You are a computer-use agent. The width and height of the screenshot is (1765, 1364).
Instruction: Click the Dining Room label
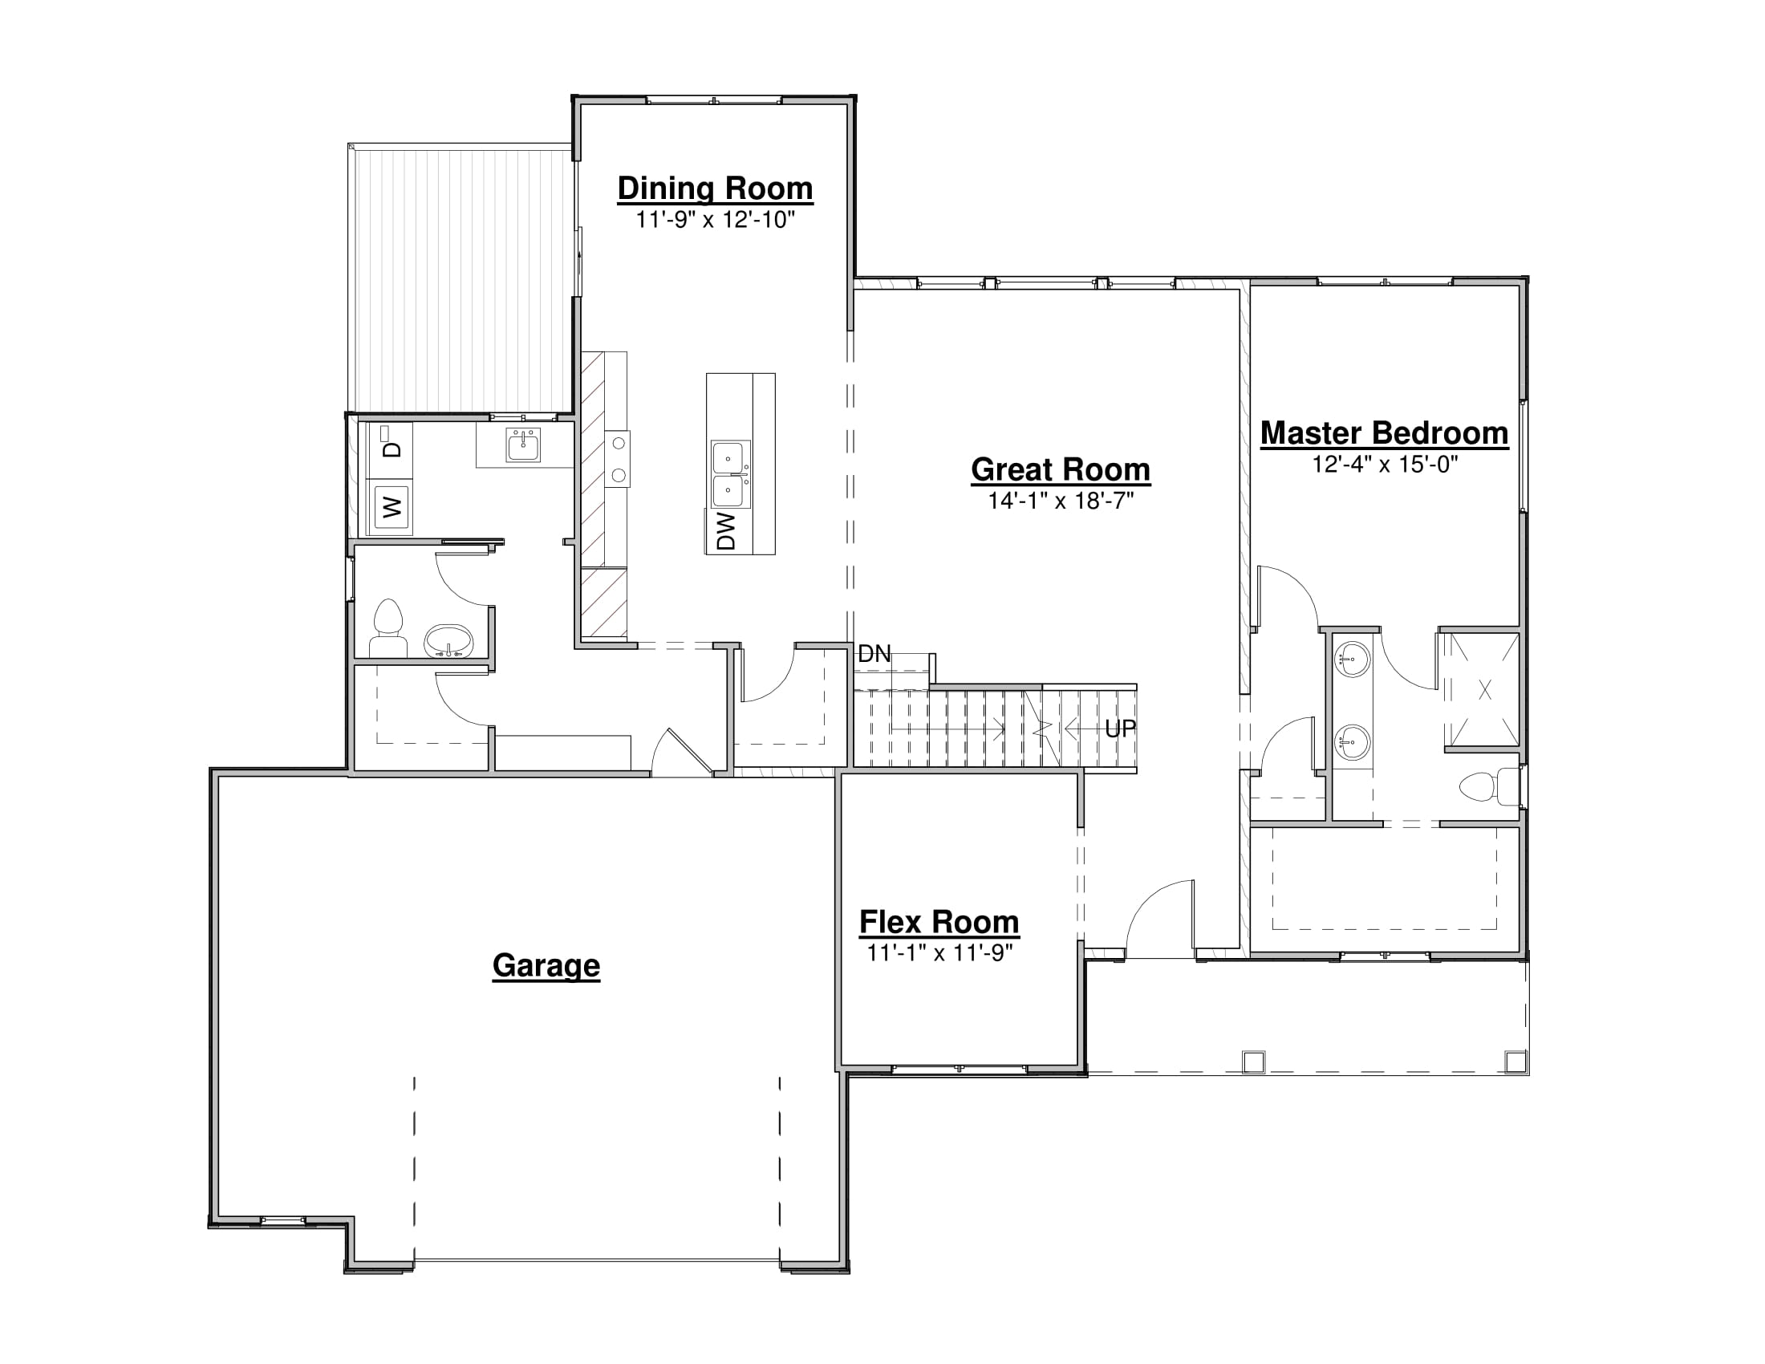point(715,189)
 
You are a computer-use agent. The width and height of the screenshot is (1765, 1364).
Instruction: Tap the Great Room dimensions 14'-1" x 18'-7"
point(1061,501)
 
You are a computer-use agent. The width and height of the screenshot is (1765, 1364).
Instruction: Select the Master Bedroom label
point(1385,433)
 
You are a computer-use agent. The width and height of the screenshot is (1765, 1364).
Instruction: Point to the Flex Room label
point(939,922)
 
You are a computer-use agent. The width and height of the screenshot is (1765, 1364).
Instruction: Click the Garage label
point(546,965)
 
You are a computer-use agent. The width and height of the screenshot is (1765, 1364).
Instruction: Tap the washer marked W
point(392,507)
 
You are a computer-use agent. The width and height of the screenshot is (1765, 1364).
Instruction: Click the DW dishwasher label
point(727,531)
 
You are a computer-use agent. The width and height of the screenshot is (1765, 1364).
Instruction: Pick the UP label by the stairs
point(1120,729)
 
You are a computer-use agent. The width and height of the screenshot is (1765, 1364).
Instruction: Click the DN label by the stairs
point(874,654)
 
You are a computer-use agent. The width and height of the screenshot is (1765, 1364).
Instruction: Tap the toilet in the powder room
point(388,628)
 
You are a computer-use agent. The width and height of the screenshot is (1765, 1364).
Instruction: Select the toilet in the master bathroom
point(1491,786)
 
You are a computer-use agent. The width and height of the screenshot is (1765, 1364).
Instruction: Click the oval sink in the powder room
point(448,641)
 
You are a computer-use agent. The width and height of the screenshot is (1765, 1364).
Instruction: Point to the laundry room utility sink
point(523,445)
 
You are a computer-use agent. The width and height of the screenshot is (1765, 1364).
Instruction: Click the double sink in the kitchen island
point(731,474)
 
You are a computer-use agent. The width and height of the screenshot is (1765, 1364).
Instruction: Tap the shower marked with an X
point(1483,690)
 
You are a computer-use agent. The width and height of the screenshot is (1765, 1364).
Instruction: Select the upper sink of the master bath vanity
point(1351,660)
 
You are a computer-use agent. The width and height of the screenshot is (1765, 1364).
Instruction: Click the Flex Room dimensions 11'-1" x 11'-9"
point(940,953)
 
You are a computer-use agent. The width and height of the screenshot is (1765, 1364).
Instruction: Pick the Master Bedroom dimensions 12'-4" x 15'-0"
point(1386,465)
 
